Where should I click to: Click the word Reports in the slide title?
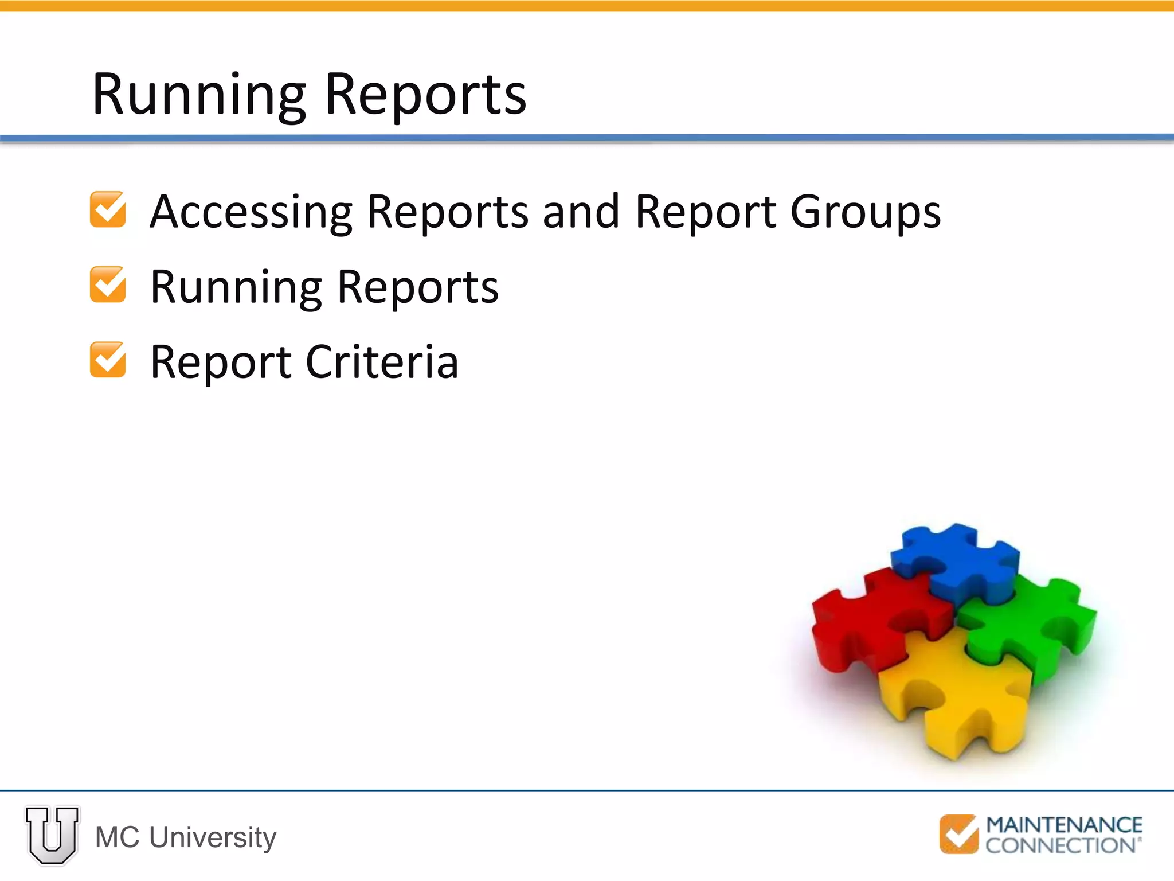(x=425, y=95)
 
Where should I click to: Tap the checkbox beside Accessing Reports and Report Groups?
(x=108, y=209)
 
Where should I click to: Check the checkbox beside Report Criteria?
(x=108, y=360)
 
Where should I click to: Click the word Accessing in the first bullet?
(x=251, y=213)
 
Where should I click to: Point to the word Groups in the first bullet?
(x=865, y=213)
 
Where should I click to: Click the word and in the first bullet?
(x=581, y=212)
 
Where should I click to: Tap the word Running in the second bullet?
(x=236, y=287)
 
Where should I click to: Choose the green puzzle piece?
(x=1032, y=625)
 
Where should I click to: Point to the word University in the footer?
(x=213, y=837)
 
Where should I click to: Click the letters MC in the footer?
(x=117, y=837)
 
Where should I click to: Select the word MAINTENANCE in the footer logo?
(x=1064, y=825)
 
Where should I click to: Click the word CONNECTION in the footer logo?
(x=1060, y=845)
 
